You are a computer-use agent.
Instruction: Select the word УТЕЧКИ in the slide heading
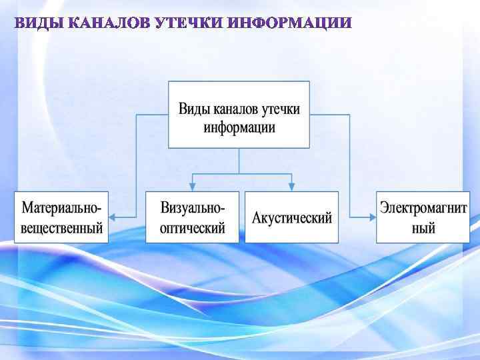pyautogui.click(x=189, y=24)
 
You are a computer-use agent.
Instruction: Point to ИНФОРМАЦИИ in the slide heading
pyautogui.click(x=288, y=24)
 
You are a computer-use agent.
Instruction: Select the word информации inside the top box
pyautogui.click(x=239, y=127)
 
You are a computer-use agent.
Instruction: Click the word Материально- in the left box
pyautogui.click(x=61, y=207)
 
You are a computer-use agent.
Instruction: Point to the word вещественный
pyautogui.click(x=61, y=227)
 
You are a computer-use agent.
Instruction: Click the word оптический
pyautogui.click(x=193, y=227)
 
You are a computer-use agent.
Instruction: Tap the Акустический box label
pyautogui.click(x=291, y=218)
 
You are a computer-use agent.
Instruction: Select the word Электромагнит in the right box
pyautogui.click(x=423, y=207)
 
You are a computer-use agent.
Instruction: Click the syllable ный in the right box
pyautogui.click(x=423, y=227)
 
